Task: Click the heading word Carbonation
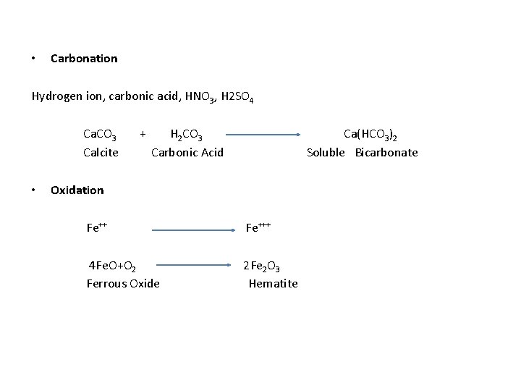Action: (x=84, y=58)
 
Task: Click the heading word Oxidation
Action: (x=77, y=190)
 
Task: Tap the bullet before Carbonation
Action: (x=34, y=58)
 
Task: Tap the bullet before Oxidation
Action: (x=34, y=190)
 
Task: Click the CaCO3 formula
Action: (x=101, y=135)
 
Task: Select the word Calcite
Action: (x=101, y=152)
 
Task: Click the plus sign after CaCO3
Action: (x=143, y=133)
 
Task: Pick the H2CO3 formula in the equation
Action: (x=186, y=135)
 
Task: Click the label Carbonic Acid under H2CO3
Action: (x=187, y=152)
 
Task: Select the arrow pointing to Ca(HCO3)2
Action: (x=263, y=134)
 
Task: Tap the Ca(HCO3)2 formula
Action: (x=370, y=135)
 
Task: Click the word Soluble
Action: (x=326, y=152)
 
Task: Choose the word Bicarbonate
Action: (x=386, y=152)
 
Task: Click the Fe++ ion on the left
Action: (x=97, y=227)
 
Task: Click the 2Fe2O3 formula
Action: (x=261, y=266)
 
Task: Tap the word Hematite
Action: (x=273, y=283)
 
